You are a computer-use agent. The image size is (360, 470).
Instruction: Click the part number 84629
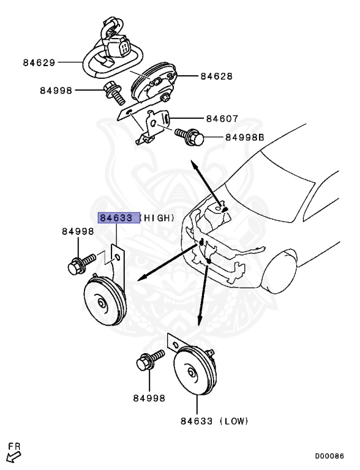click(40, 62)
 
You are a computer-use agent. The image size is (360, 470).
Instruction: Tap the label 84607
click(222, 119)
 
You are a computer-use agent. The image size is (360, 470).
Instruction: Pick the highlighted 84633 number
click(117, 218)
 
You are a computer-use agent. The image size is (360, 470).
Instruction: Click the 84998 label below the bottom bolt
click(149, 398)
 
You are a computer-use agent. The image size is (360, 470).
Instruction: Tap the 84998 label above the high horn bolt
click(78, 231)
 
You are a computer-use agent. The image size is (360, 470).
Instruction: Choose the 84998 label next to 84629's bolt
click(56, 91)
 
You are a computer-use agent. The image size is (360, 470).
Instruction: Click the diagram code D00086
click(329, 456)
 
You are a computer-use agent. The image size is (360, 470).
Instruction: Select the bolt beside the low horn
click(149, 362)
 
